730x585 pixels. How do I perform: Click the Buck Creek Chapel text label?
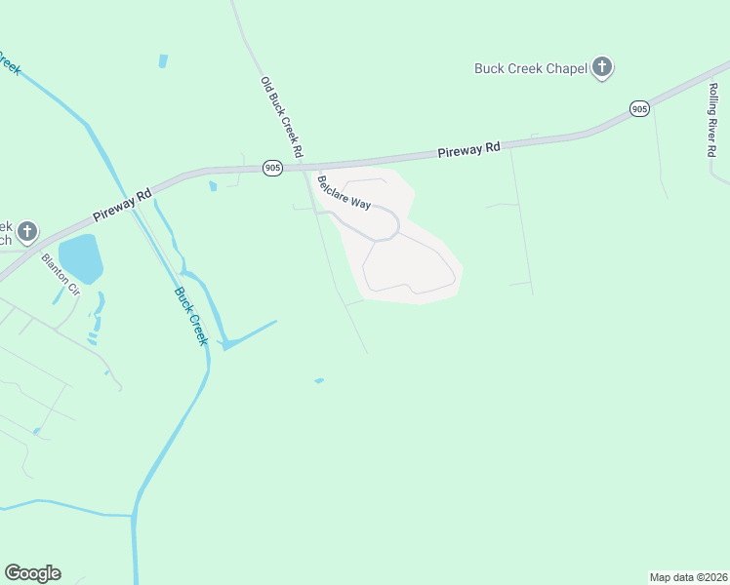[530, 68]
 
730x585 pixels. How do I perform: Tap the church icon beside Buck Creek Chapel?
[603, 68]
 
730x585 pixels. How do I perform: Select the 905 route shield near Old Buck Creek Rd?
[272, 169]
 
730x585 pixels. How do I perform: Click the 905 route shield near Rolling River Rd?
[639, 109]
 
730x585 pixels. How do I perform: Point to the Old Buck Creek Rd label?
[282, 119]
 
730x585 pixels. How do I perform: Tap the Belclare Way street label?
[343, 191]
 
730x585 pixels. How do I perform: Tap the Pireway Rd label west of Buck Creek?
[123, 204]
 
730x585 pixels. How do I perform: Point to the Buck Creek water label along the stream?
[191, 316]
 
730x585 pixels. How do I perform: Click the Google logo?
[32, 573]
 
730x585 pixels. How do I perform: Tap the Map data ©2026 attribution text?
[687, 577]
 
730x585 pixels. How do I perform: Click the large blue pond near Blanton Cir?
[80, 257]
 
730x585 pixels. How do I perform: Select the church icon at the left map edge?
[27, 232]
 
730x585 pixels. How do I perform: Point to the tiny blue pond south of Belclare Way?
[319, 380]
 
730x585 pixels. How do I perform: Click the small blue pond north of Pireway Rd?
[162, 60]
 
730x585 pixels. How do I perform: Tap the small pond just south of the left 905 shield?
[212, 185]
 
